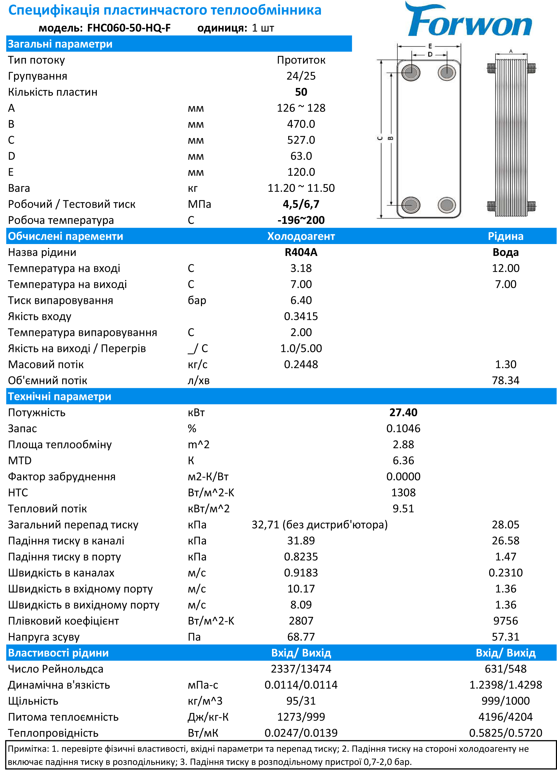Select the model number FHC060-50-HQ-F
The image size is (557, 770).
[129, 28]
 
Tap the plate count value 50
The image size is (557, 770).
[301, 92]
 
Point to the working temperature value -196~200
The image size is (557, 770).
[301, 220]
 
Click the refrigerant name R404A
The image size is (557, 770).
[301, 252]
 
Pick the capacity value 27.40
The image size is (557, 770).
[403, 413]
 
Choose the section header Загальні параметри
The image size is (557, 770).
[60, 44]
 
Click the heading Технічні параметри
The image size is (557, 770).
[59, 397]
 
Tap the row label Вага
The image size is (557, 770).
[19, 188]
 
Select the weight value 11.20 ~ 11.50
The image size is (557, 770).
[301, 188]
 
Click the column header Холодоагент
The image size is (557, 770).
[301, 236]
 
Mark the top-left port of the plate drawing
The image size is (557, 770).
[411, 72]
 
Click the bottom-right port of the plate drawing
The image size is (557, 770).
[447, 205]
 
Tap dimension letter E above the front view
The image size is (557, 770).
[430, 46]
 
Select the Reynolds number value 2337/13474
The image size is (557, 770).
[301, 669]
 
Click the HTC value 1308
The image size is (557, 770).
[403, 493]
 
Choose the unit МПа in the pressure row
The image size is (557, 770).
[199, 204]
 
